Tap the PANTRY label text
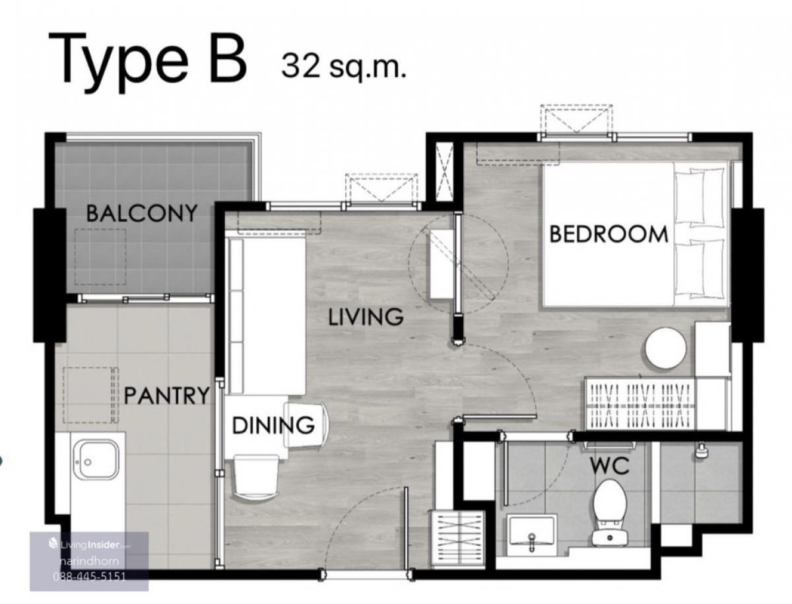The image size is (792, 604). (166, 395)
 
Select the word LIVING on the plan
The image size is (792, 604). (366, 317)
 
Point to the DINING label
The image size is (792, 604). (273, 425)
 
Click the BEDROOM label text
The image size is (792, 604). (609, 234)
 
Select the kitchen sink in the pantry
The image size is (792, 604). (96, 459)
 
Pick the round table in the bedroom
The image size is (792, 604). (665, 348)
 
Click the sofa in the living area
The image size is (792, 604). (265, 316)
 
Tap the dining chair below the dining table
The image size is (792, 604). (256, 477)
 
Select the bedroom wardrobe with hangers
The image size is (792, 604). (640, 404)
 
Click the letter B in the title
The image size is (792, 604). (228, 58)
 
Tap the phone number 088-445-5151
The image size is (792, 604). (90, 576)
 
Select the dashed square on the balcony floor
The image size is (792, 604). (100, 257)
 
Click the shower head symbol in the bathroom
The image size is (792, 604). (700, 451)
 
